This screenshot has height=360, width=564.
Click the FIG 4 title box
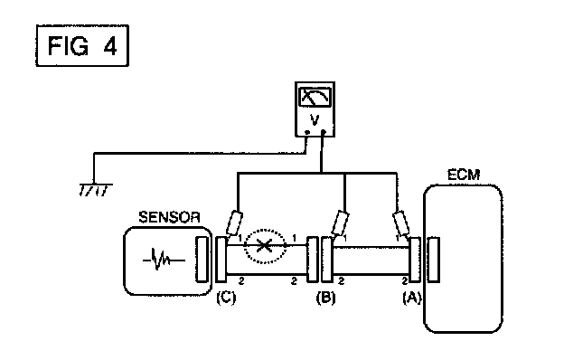point(82,46)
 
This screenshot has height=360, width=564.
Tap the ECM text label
point(464,175)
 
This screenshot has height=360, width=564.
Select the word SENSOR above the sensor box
point(169,217)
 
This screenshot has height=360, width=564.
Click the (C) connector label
point(226,298)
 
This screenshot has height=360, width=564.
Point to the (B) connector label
point(325,298)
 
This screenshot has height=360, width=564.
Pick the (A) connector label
point(412,298)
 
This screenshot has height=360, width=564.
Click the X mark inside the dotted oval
point(264,246)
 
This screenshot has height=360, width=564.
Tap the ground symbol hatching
point(95,190)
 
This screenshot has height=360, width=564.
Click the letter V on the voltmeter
point(315,120)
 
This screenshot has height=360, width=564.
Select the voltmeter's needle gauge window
point(315,97)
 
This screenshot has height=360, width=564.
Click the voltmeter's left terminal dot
point(306,132)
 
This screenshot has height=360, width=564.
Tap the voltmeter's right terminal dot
point(324,132)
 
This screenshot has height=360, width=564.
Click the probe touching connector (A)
point(400,223)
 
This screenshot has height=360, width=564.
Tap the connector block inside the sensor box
point(202,259)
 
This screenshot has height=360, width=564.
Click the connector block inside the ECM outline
point(434,259)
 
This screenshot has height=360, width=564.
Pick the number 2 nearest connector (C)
point(241,280)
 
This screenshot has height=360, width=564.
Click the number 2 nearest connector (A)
point(405,280)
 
